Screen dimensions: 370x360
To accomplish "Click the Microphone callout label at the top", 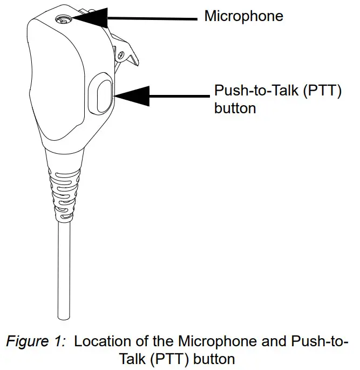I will click(243, 16).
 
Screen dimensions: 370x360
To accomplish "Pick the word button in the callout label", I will click(235, 108).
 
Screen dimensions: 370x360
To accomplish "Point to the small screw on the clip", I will click(120, 54).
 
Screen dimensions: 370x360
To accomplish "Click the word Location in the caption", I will click(97, 342).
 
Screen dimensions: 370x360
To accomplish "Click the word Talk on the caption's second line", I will click(132, 358).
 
